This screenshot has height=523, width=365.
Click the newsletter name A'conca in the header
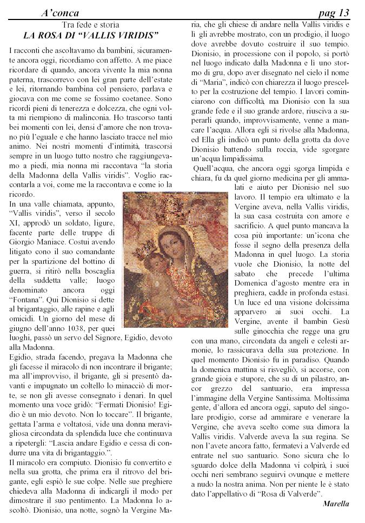point(60,12)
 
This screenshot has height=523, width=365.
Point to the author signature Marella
point(336,504)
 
